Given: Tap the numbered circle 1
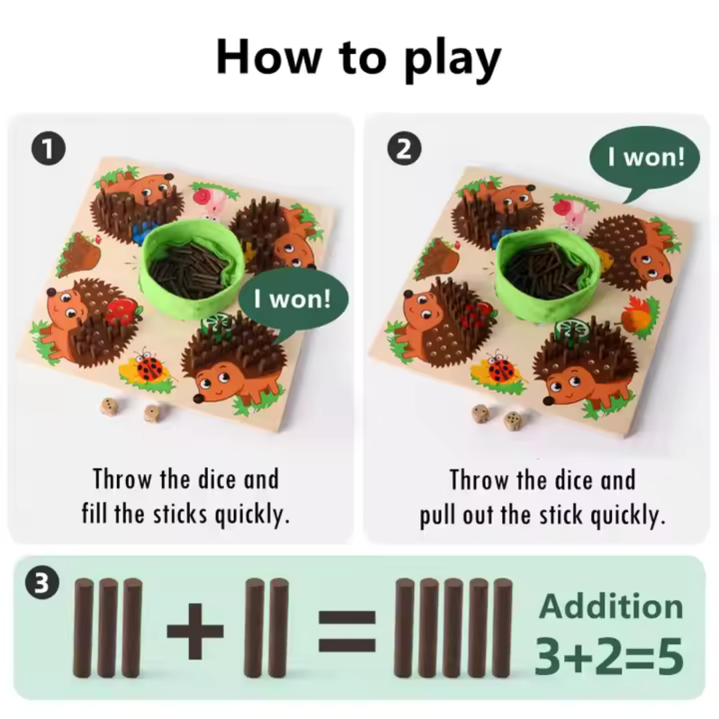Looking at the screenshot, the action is click(48, 148).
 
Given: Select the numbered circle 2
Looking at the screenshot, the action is click(404, 148).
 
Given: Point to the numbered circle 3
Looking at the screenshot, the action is click(41, 584).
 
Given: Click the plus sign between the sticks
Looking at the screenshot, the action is click(195, 630).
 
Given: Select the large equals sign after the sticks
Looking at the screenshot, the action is click(347, 631).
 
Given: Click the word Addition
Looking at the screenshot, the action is click(611, 606).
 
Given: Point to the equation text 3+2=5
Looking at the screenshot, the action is click(609, 656).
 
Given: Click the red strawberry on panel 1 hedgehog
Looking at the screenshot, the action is click(122, 311).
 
